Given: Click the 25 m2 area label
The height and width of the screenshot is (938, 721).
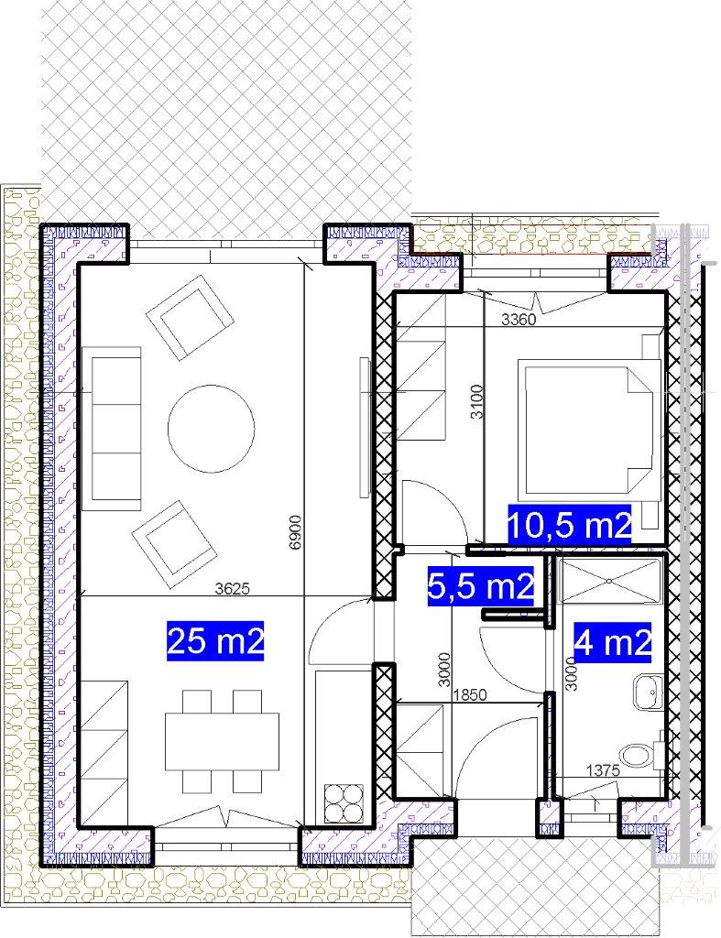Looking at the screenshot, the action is [215, 640].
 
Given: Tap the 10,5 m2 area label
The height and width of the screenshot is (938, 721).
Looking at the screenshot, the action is [569, 525].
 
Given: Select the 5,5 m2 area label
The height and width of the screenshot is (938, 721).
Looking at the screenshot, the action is [480, 586].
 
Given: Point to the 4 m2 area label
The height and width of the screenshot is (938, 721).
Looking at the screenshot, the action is [612, 643].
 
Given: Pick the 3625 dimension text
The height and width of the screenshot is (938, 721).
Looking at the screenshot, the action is [232, 589].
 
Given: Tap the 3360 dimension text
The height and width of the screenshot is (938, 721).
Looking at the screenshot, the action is [519, 320].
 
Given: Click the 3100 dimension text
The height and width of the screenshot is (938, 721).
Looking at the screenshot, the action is [477, 401].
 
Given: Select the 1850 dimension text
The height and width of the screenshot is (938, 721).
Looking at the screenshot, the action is [470, 694].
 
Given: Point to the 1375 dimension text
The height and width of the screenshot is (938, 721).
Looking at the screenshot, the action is [603, 770].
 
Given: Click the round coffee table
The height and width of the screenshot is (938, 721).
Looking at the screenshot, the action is [212, 429].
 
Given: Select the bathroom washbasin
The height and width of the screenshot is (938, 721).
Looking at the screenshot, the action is [649, 693].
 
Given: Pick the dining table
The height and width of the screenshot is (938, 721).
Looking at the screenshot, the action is [222, 741].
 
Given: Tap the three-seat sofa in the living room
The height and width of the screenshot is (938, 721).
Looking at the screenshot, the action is [111, 429].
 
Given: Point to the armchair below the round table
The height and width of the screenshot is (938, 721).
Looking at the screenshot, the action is [174, 544].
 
